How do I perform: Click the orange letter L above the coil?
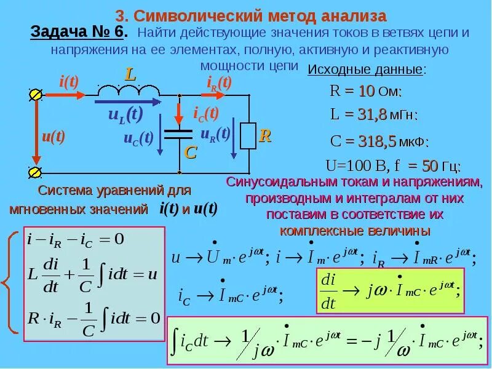point(130,75)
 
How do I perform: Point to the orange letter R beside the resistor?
point(265,136)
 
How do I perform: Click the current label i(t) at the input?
point(68,81)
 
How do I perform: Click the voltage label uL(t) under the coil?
point(125,114)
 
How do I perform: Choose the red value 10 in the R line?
point(367,92)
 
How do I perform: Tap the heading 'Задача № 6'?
point(79,33)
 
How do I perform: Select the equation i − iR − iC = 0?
point(75,239)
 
